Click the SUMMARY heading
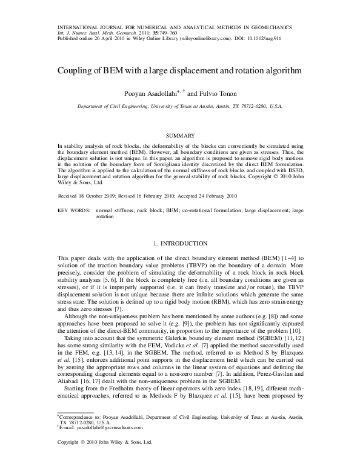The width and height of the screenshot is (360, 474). (179, 135)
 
